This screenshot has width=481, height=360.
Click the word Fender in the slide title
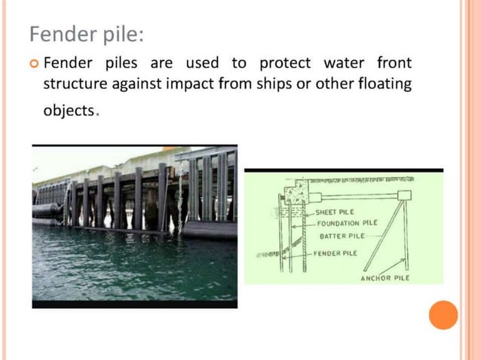(x=60, y=35)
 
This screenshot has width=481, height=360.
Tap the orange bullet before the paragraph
(x=34, y=63)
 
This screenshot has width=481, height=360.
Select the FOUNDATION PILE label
(x=347, y=224)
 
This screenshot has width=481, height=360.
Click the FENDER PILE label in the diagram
(x=336, y=253)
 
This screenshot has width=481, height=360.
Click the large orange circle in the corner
(x=443, y=315)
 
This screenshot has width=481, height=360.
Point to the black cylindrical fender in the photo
(x=45, y=209)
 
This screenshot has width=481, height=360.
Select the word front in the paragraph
(x=394, y=63)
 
